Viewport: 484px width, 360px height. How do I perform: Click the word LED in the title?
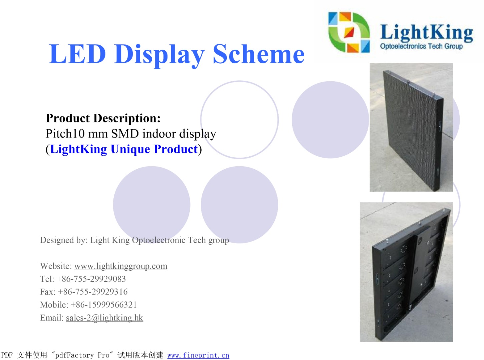coord(77,54)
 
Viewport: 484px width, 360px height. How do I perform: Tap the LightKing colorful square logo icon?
coord(349,32)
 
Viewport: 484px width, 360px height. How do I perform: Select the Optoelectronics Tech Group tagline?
coord(421,46)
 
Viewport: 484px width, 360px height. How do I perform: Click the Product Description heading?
coord(103,118)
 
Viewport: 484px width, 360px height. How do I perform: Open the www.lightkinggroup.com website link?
coord(121,266)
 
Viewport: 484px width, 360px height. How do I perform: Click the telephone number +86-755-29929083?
coord(91,279)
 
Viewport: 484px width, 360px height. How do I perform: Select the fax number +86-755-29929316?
coord(92,292)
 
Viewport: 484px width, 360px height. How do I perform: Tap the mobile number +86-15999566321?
coord(104,305)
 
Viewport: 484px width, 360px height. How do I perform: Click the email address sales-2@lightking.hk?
coord(104,318)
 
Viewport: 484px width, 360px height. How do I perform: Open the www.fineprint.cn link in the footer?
coord(198,355)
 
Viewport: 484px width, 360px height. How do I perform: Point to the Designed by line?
coord(134,240)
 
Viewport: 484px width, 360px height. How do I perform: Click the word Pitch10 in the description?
coord(65,133)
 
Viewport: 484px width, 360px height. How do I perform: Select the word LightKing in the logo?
coord(427,33)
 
